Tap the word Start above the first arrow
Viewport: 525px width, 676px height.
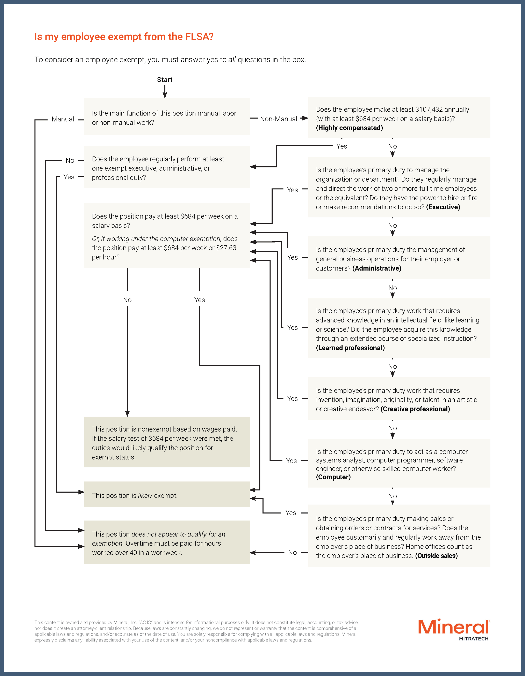(165, 79)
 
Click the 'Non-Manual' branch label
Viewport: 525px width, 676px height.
(278, 119)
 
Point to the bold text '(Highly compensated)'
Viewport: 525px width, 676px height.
(349, 128)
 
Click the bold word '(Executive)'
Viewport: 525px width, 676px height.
(443, 207)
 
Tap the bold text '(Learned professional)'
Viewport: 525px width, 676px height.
(350, 348)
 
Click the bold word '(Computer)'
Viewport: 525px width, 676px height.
(333, 477)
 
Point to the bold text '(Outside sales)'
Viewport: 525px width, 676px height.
(436, 556)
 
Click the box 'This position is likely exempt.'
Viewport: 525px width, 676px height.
(167, 495)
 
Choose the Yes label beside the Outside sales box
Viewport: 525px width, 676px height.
(291, 513)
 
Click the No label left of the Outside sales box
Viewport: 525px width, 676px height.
(292, 553)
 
